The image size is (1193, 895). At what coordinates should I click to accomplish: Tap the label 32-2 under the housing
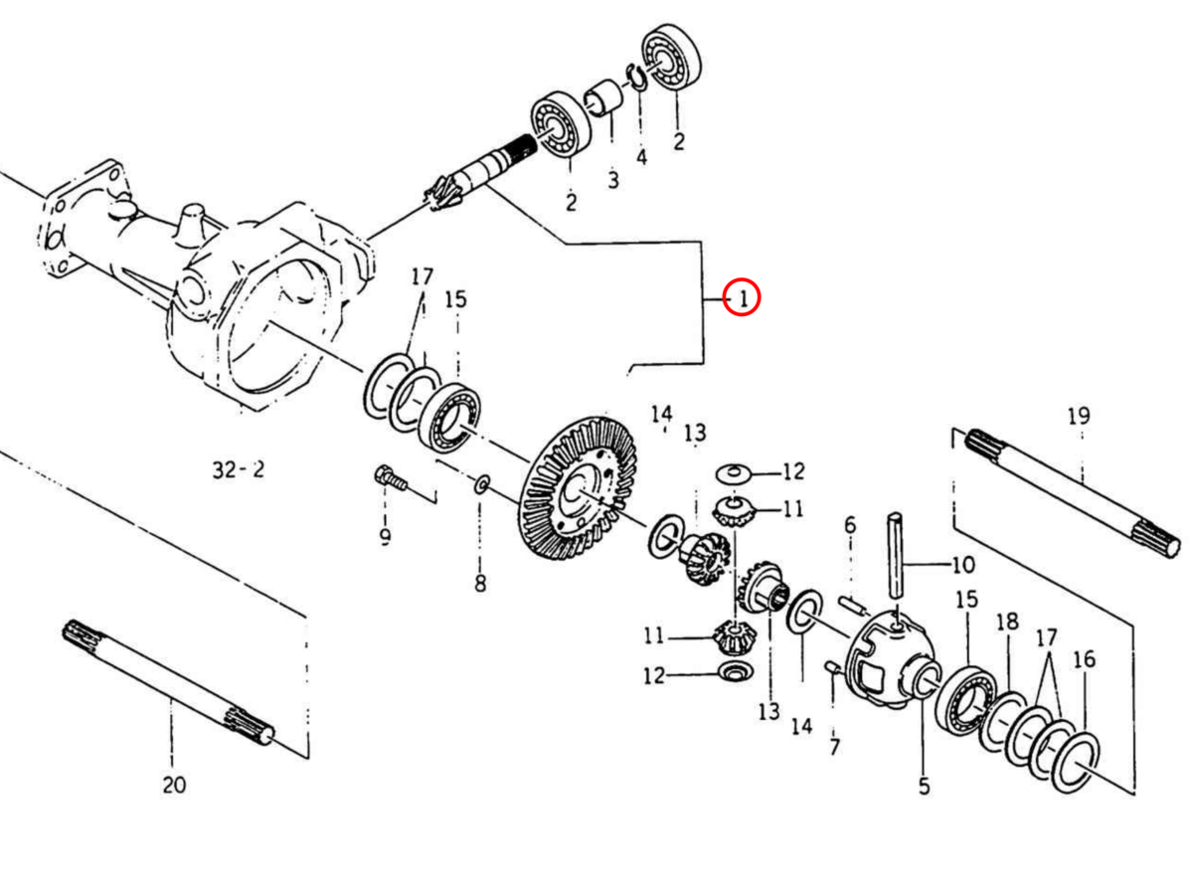tap(239, 469)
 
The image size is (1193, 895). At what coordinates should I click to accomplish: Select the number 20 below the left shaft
tap(174, 785)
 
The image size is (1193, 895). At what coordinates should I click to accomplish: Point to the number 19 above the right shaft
tap(1079, 416)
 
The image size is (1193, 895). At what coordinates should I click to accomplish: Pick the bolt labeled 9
tap(391, 479)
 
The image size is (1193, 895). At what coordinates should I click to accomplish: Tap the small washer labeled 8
tap(481, 484)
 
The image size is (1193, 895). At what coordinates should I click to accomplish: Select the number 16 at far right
tap(1085, 658)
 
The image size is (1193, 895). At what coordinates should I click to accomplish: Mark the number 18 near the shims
tap(1007, 622)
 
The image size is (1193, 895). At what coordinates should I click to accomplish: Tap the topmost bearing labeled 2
tap(673, 56)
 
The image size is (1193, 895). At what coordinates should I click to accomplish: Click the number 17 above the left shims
tap(422, 275)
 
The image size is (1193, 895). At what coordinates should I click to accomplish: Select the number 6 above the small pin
tap(849, 524)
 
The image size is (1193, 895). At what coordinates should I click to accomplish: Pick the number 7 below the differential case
tap(833, 746)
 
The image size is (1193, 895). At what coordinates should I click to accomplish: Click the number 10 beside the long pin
tap(963, 566)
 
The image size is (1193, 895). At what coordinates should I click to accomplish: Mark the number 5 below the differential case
tap(924, 786)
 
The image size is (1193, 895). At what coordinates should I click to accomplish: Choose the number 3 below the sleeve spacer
tap(612, 180)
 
